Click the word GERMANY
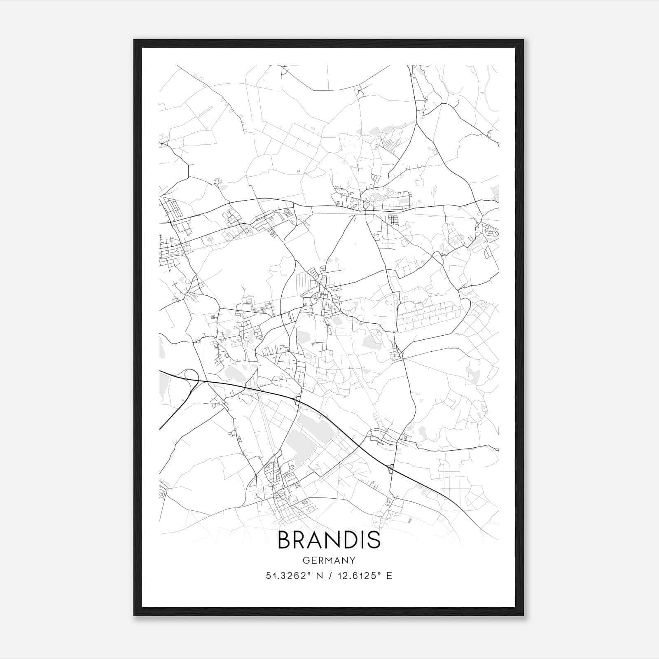329,560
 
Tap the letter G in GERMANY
305,560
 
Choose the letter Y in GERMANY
353,560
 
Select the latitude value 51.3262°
287,575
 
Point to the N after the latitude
318,575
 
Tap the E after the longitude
389,575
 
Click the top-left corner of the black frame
134,40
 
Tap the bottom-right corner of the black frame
523,615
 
